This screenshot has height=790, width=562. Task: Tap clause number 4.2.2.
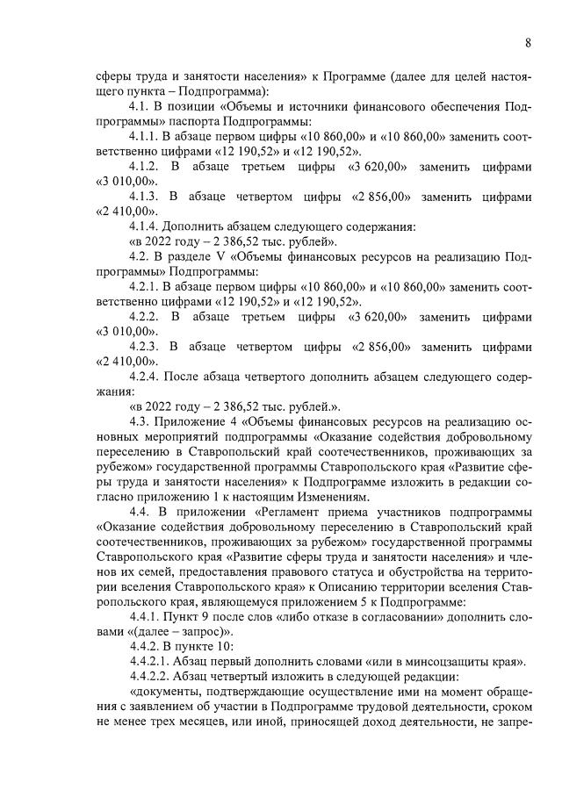point(145,315)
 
